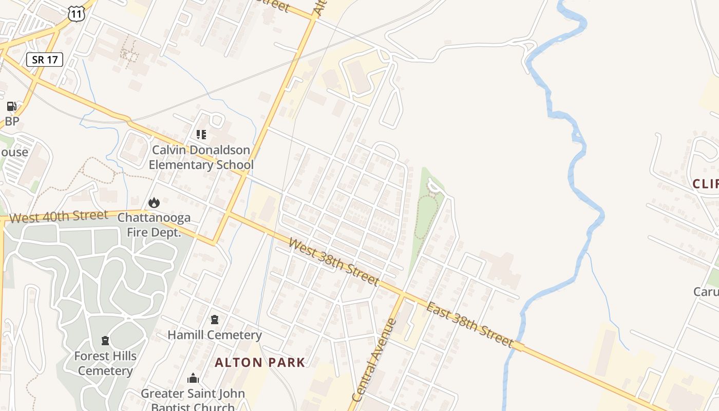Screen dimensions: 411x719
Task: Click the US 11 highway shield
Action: click(76, 14)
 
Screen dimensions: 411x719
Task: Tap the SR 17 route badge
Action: click(45, 60)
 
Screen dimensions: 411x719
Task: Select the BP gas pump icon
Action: click(11, 106)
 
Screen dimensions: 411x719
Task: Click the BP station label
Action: click(12, 122)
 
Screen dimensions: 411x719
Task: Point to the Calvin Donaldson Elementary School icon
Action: click(201, 135)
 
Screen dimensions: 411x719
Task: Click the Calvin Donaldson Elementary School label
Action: click(201, 158)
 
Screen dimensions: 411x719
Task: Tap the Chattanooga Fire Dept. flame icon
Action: click(154, 203)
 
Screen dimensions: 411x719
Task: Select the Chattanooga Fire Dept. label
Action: click(154, 225)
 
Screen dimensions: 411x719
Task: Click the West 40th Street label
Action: click(59, 216)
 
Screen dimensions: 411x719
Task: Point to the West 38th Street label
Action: click(334, 262)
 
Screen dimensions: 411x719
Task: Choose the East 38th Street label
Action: click(469, 324)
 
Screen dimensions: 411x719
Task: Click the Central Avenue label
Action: click(374, 360)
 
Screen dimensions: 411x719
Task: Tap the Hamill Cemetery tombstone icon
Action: click(215, 320)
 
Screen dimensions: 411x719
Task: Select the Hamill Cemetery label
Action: click(215, 335)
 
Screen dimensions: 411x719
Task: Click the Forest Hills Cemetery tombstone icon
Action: click(105, 341)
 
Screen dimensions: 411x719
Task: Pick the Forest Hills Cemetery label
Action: click(105, 363)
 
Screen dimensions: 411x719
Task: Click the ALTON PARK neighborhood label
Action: click(260, 362)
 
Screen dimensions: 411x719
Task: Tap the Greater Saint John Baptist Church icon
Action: click(193, 379)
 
